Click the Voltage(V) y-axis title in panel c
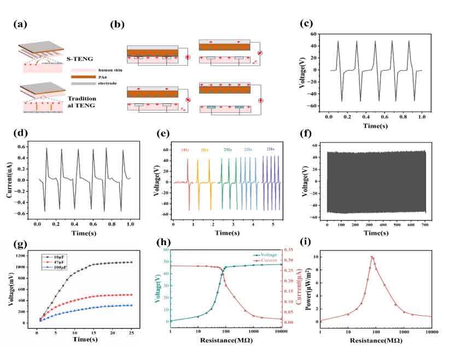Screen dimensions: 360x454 coord(308,69)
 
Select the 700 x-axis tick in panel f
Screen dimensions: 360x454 coord(424,225)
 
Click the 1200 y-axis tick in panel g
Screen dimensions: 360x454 coord(26,256)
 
